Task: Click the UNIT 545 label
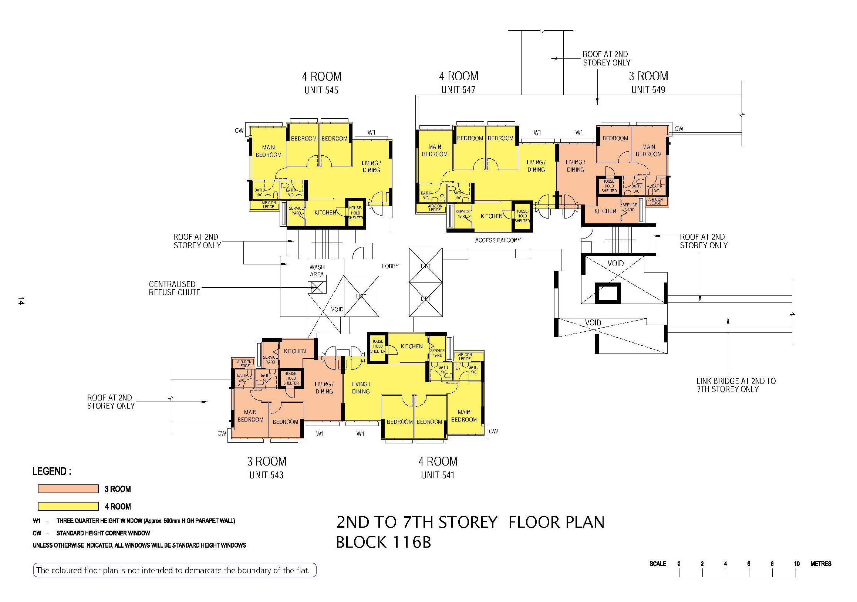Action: coord(321,90)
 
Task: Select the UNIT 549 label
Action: coord(648,89)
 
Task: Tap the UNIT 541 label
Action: coord(438,475)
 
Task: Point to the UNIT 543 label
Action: coord(267,475)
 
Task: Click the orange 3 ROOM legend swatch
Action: coord(68,489)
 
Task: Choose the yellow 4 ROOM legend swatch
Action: coord(68,507)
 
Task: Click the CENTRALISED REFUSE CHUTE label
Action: coord(175,288)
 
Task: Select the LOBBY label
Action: coord(391,266)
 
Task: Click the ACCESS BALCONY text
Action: coord(498,240)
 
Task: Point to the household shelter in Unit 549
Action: coord(609,186)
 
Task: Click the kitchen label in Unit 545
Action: coord(325,212)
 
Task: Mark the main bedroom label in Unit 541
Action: coord(464,416)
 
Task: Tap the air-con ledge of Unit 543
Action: coord(244,363)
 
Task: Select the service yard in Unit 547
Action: coord(463,214)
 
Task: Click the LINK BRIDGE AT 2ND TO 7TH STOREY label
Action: coord(736,385)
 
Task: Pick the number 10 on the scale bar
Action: coord(797,564)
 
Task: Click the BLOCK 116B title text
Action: coord(384,542)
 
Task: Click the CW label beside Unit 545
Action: coord(239,131)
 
